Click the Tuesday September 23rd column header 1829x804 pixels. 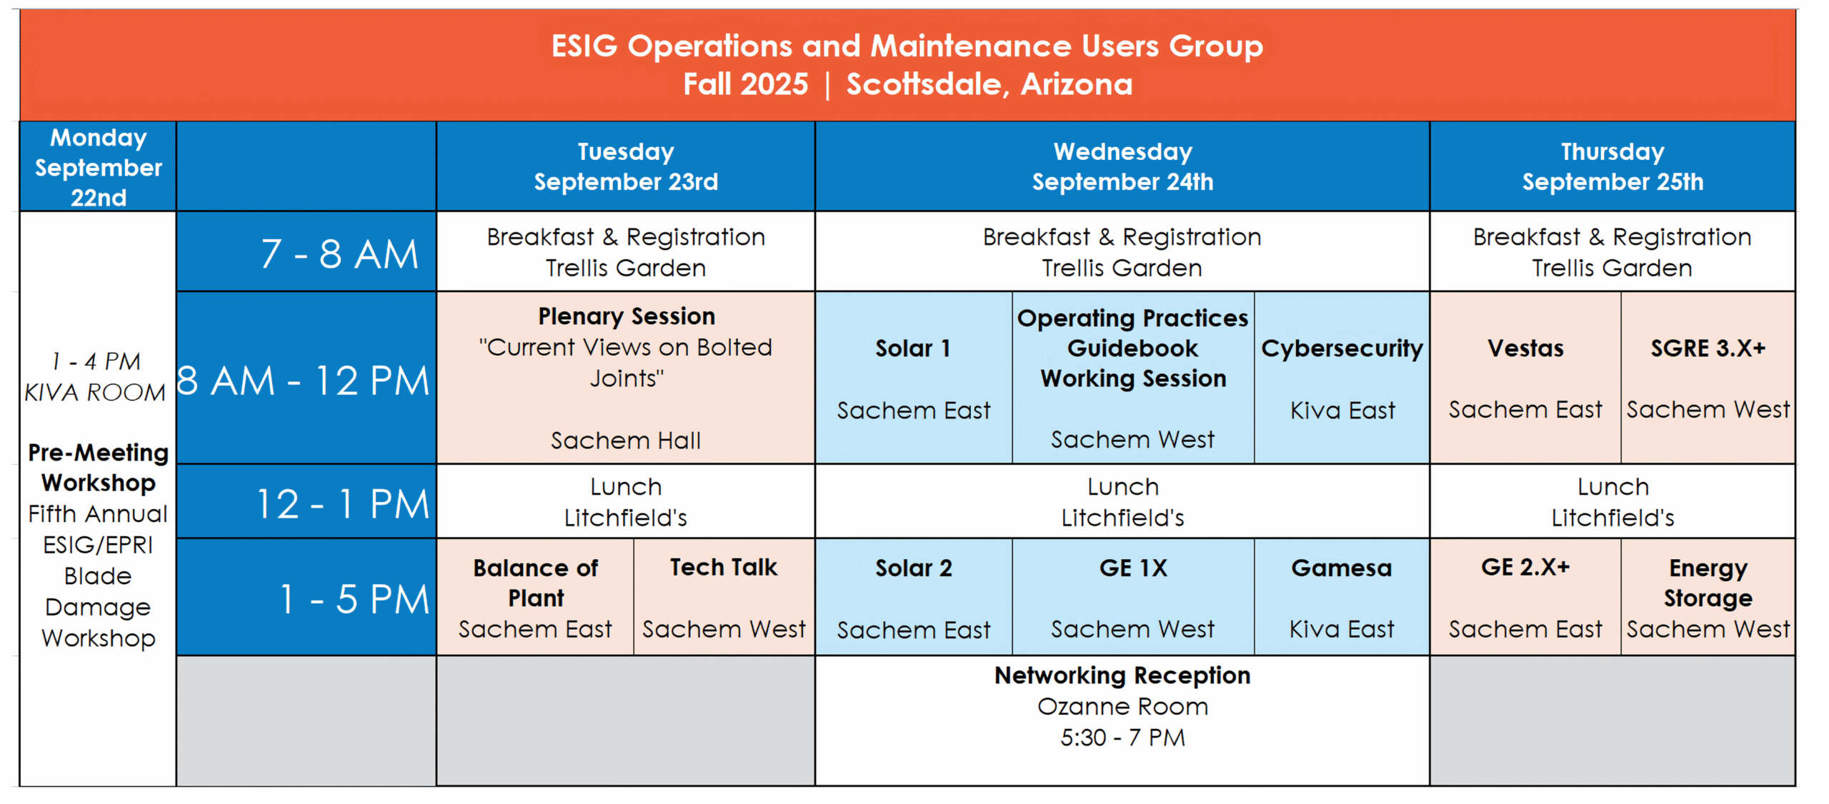(625, 166)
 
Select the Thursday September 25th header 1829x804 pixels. (1613, 166)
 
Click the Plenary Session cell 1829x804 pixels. (625, 378)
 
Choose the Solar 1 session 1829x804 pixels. (914, 378)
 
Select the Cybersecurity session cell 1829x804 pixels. (1342, 378)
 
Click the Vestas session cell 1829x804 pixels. (1525, 378)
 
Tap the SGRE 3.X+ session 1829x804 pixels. (1708, 378)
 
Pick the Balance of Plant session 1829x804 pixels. (535, 597)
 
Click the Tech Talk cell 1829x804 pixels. (724, 597)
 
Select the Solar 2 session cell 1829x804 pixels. (914, 597)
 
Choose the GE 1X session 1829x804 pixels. (1133, 597)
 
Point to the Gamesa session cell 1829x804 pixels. (1342, 597)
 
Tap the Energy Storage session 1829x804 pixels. (1708, 597)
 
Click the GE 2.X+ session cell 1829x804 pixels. (1525, 597)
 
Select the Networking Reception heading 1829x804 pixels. (1122, 675)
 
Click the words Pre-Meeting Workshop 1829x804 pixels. (99, 468)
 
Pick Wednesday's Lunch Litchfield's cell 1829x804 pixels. (1122, 501)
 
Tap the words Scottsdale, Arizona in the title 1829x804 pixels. (990, 84)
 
